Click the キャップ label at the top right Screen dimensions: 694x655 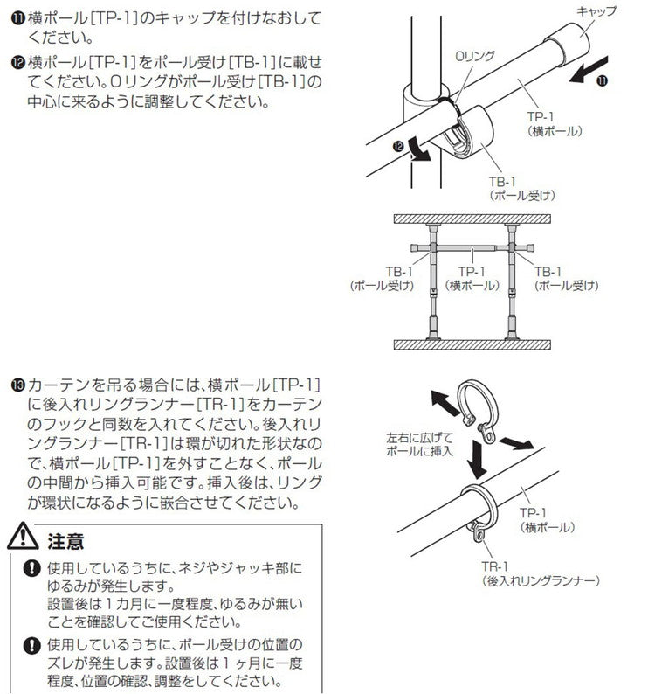[597, 11]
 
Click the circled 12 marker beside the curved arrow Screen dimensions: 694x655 [399, 149]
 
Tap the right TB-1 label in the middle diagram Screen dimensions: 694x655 [567, 278]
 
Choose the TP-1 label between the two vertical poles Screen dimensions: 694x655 [472, 278]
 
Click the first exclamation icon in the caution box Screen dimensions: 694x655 [33, 568]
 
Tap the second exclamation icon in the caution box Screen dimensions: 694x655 [33, 646]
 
